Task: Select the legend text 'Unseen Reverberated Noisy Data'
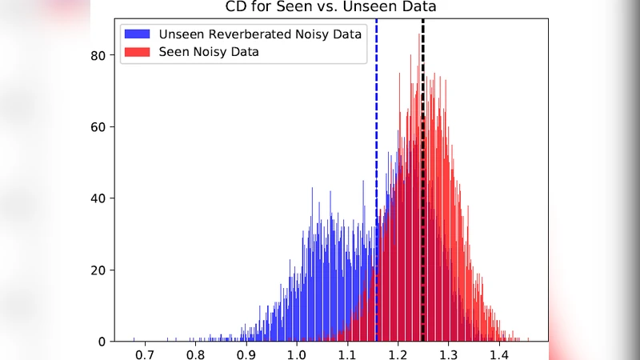click(259, 34)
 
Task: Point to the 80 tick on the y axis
click(97, 56)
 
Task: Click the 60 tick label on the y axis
click(97, 127)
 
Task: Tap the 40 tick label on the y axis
click(97, 198)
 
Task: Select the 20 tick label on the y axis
click(97, 270)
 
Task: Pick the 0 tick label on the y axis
click(101, 342)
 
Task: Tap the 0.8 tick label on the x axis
click(195, 353)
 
